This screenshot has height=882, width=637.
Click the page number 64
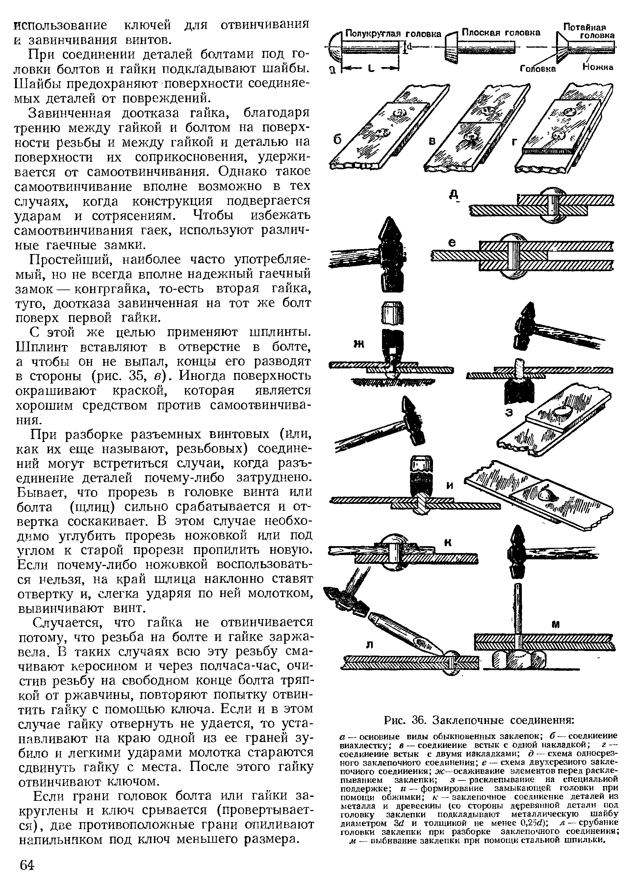point(27,865)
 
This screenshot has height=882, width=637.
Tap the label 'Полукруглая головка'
point(393,34)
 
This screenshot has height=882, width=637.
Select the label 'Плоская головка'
point(501,33)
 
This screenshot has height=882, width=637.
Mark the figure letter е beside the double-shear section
point(452,243)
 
